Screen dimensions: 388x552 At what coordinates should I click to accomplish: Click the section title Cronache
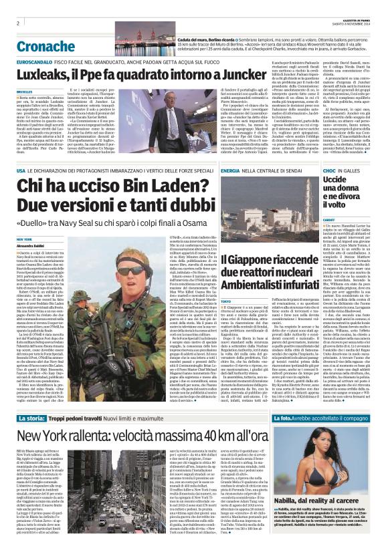point(47,47)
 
